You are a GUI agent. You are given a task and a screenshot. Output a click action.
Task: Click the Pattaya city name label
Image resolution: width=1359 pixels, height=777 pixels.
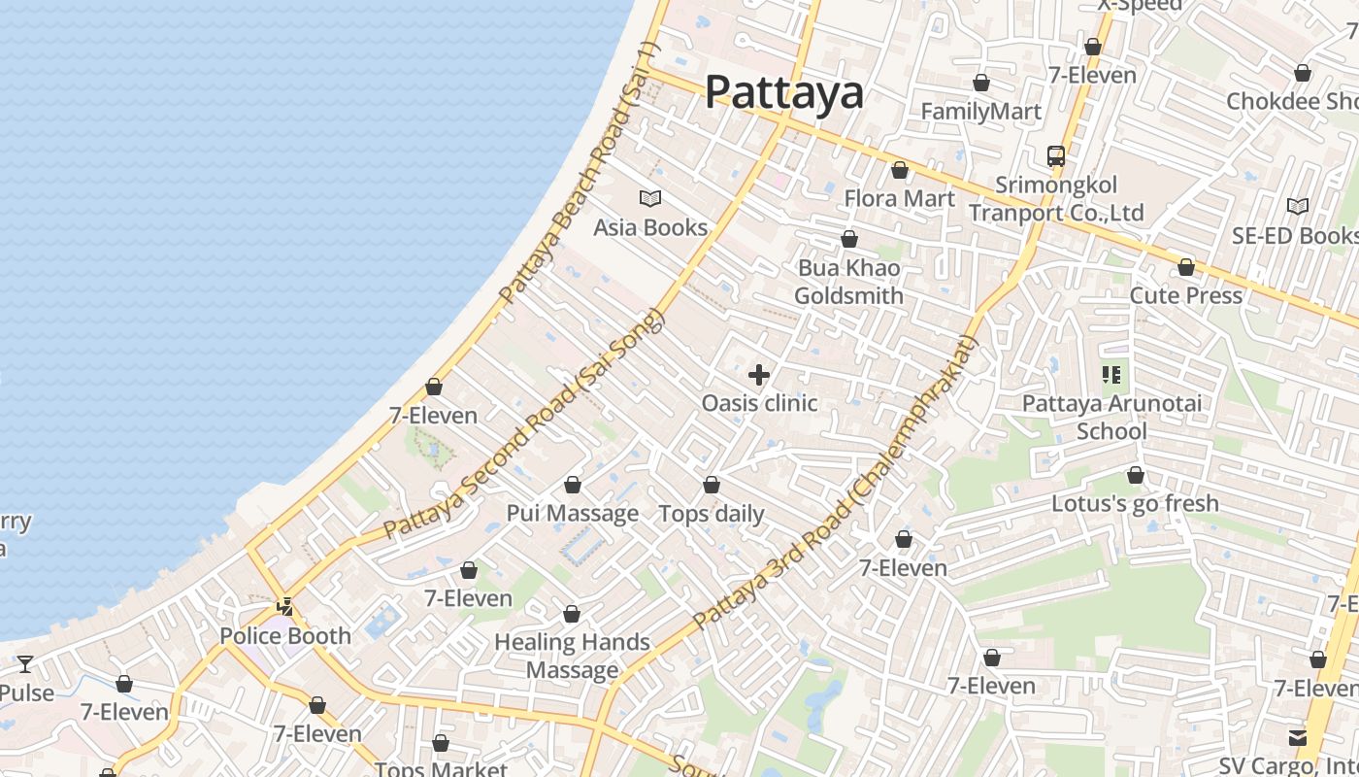pos(783,92)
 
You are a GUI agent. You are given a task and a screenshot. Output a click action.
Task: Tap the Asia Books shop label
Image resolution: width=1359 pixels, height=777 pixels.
pos(650,227)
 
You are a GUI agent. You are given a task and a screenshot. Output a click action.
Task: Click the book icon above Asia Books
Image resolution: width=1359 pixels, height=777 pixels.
pos(650,199)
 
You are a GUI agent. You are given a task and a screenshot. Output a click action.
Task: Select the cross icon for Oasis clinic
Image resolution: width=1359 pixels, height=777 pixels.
pos(759,375)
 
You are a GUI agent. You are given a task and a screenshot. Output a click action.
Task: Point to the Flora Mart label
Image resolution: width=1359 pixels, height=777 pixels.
pos(899,199)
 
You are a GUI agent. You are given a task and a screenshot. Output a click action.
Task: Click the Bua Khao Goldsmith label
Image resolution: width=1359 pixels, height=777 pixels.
pos(849,282)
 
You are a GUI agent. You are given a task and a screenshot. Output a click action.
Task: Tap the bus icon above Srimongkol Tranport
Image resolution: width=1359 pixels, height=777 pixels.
pos(1055,155)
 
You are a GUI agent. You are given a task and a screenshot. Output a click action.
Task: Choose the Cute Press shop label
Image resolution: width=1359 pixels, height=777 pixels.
pos(1185,295)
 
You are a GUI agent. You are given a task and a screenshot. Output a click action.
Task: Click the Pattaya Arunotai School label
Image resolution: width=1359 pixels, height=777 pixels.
pos(1111,417)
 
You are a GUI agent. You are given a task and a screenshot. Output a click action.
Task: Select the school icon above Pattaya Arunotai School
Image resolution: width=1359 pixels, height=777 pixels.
pos(1111,374)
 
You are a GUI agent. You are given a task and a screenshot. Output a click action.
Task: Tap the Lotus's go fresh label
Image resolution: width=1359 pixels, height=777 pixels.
pos(1135,504)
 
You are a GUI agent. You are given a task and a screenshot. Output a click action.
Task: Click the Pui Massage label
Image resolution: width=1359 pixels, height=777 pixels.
pos(573,513)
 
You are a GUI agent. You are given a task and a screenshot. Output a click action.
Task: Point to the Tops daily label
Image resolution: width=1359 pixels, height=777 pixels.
pos(712,514)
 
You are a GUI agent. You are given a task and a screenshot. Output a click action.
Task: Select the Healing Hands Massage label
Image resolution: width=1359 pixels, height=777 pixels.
pos(572,656)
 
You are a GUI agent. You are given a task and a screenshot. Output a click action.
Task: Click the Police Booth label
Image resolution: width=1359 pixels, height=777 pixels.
pos(285,636)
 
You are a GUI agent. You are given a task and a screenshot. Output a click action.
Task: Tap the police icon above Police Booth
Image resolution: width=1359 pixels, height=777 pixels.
pos(285,607)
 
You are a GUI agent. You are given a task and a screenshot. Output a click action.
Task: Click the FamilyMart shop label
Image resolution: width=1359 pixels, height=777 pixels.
pos(980,112)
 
